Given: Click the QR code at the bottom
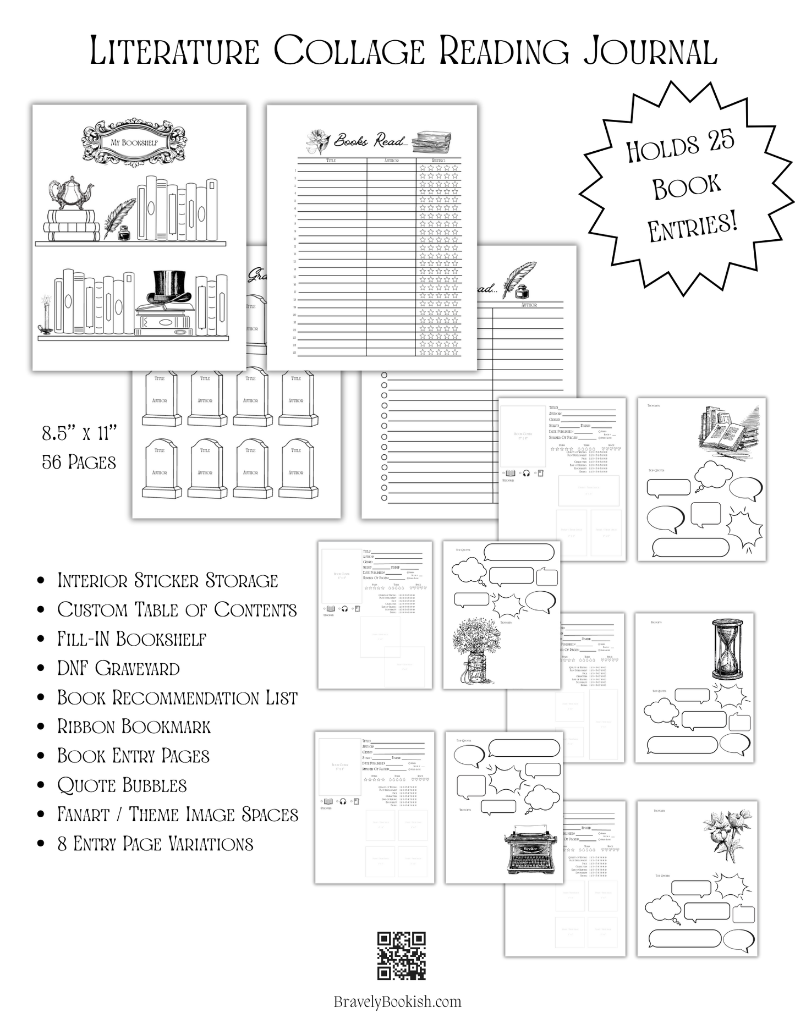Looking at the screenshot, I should click(x=401, y=955).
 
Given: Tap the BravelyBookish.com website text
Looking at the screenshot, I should click(x=397, y=1002).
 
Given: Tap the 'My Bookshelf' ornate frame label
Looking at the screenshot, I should click(x=134, y=142).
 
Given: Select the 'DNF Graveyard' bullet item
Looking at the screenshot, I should click(x=118, y=668).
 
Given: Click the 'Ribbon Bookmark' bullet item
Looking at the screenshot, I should click(x=134, y=727).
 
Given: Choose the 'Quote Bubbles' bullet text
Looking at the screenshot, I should click(x=122, y=785).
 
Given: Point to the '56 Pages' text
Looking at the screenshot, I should click(x=79, y=462).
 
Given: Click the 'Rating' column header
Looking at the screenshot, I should click(x=438, y=161).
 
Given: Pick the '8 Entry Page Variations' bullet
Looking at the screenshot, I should click(x=155, y=844).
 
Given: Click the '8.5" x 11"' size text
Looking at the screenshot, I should click(x=80, y=433).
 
